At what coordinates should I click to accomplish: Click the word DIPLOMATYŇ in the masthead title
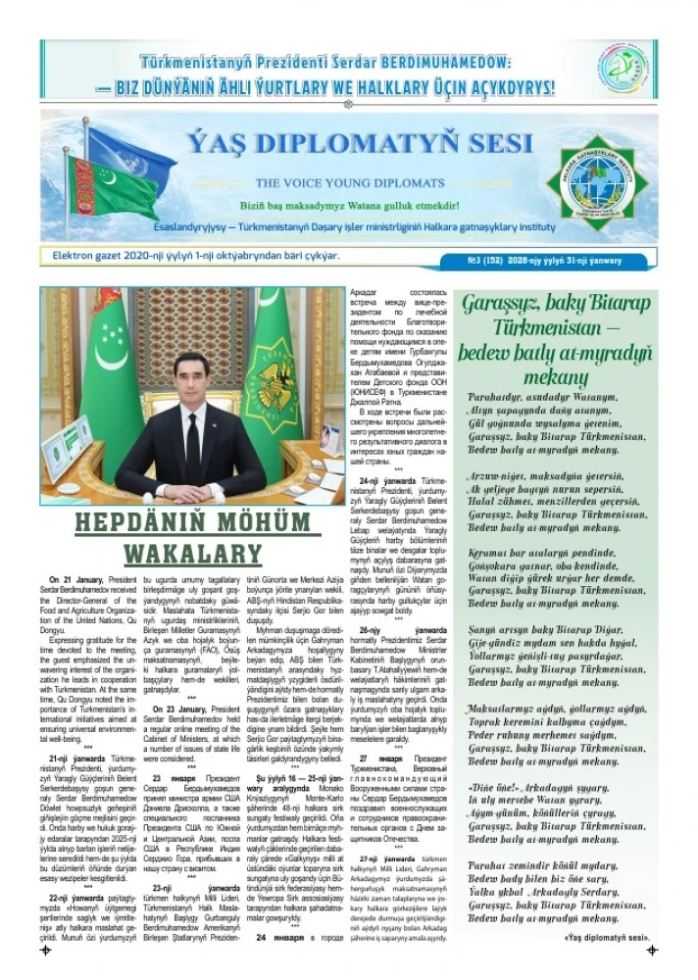pos(351,145)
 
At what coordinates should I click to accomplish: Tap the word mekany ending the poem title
pos(557,378)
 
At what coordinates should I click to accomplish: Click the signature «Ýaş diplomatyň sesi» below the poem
pos(608,935)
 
